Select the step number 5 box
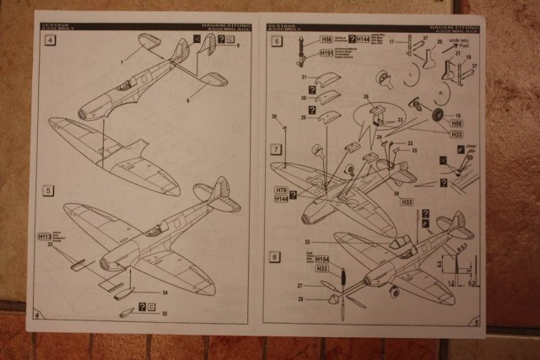49,191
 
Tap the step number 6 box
275,40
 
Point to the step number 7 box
275,148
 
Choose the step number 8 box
275,256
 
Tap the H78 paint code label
281,191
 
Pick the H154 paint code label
321,260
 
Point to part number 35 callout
164,314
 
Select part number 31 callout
304,78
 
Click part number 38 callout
273,116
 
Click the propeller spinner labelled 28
332,298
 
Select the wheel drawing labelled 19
439,116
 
